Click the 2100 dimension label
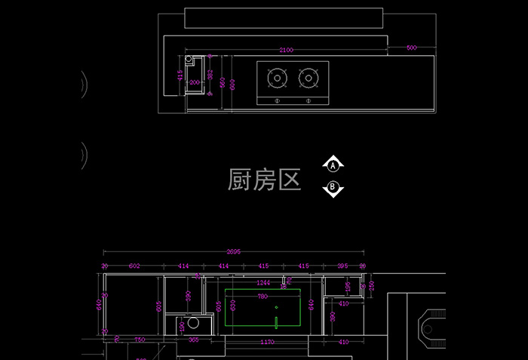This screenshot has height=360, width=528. (x=286, y=51)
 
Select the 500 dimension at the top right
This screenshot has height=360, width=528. (x=411, y=48)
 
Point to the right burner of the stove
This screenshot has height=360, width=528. (x=308, y=76)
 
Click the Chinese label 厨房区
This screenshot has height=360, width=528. (x=264, y=180)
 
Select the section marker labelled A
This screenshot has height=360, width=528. (x=333, y=165)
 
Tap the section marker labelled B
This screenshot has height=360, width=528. (x=333, y=188)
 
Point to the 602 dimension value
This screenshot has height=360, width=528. (x=134, y=266)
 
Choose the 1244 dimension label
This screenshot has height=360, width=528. (x=263, y=282)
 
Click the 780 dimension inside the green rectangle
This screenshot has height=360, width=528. (x=262, y=297)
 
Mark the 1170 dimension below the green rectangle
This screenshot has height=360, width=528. (x=267, y=343)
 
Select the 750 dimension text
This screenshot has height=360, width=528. (x=140, y=340)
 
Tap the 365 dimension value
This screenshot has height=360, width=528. (x=193, y=340)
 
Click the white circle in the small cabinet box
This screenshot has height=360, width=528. (x=193, y=325)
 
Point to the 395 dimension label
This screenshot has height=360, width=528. (x=342, y=266)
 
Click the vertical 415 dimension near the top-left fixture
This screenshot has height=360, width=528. (x=180, y=75)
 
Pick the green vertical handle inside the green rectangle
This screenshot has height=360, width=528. (x=276, y=323)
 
